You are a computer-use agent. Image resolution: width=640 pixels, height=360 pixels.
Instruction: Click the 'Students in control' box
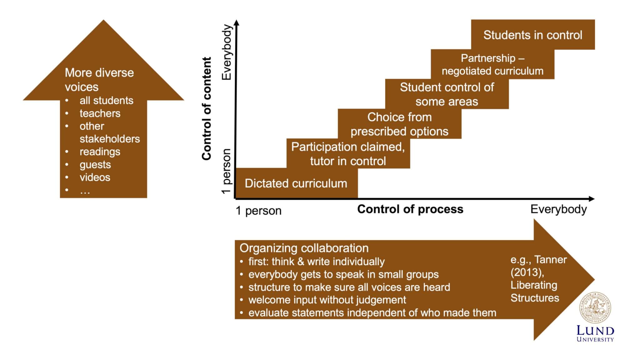coord(532,35)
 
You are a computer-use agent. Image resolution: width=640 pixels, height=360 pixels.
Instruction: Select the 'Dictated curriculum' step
coord(296,183)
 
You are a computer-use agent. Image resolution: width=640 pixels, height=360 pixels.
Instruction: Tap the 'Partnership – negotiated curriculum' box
coord(492,64)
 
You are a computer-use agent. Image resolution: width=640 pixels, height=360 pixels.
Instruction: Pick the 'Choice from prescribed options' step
coord(399,124)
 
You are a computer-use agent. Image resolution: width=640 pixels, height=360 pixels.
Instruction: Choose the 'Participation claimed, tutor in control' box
coord(348,154)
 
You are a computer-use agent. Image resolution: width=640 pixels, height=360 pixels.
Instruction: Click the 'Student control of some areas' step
coord(447,94)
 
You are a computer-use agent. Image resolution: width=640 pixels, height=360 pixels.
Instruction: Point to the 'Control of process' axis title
coord(410,209)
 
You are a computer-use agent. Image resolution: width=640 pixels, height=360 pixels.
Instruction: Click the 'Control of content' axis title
coord(207,108)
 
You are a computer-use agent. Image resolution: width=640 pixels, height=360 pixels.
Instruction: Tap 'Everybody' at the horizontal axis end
coord(558,209)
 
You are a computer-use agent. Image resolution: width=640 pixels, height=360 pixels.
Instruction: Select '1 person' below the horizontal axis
coord(258,211)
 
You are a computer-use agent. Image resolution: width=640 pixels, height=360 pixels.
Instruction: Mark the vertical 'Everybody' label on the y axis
coord(227,52)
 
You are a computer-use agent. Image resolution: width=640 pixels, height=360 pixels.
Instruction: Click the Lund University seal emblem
coord(595,308)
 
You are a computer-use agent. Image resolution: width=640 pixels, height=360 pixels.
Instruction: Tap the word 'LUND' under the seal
coord(595,331)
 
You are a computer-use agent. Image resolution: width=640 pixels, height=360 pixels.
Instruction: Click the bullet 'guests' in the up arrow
coord(95,165)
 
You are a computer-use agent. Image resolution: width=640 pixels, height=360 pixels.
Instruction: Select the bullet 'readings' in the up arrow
coord(100,152)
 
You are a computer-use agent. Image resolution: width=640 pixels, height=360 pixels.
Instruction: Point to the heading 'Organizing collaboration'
coord(304,248)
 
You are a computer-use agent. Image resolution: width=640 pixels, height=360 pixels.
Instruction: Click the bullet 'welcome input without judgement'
coord(327,300)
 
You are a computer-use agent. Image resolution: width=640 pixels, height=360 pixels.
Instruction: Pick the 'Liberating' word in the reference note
coord(533,285)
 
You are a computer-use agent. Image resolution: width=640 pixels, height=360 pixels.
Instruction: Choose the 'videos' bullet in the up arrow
coord(95,177)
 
